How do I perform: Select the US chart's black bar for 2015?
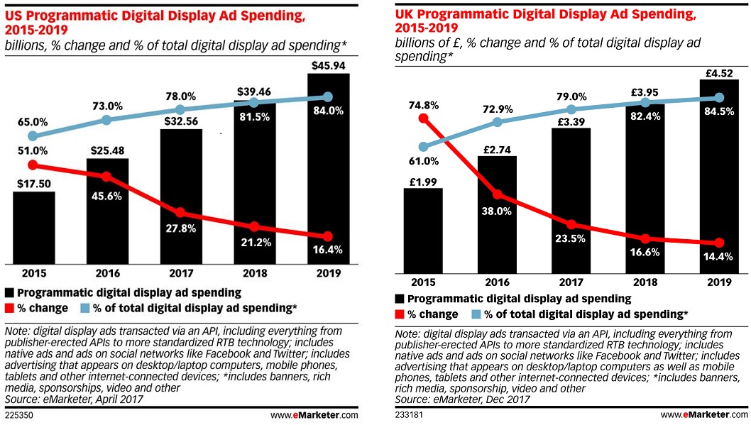pos(33,227)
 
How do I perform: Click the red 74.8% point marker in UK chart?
pos(423,118)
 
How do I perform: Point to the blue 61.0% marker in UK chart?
pos(423,148)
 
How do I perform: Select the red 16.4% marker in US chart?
pos(327,236)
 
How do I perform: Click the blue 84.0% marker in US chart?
pos(327,96)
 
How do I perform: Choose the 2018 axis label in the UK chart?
pos(645,281)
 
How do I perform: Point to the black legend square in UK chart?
pos(402,299)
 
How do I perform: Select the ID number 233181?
pos(409,414)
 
